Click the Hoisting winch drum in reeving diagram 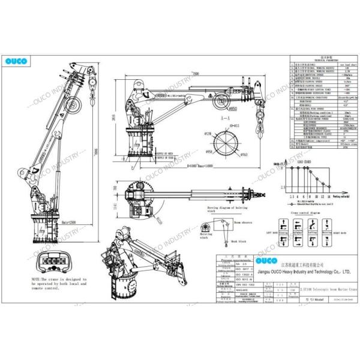point(206,228)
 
